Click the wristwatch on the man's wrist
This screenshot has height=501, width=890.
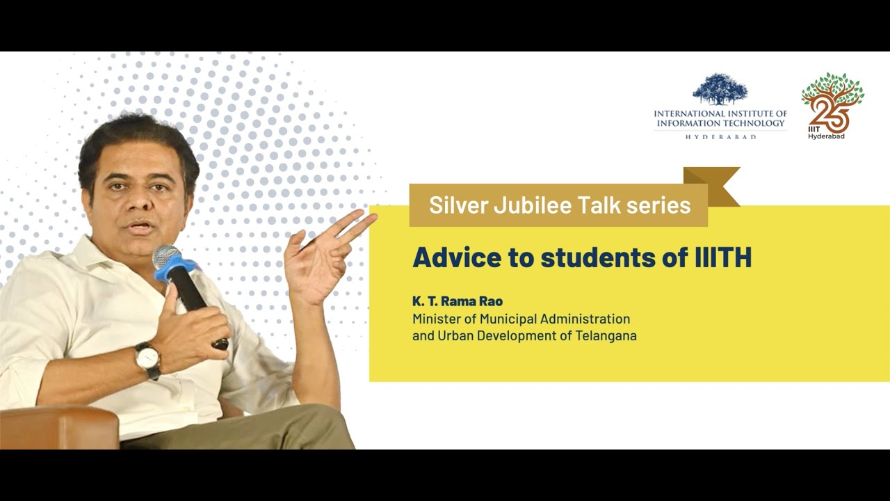click(147, 359)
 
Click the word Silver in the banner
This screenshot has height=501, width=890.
click(454, 205)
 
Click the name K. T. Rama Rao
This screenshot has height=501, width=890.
click(457, 301)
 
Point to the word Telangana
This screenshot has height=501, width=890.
click(601, 335)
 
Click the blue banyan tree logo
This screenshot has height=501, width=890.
click(720, 90)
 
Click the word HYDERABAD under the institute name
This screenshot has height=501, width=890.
click(720, 137)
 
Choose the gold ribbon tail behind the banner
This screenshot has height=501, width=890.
click(716, 185)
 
